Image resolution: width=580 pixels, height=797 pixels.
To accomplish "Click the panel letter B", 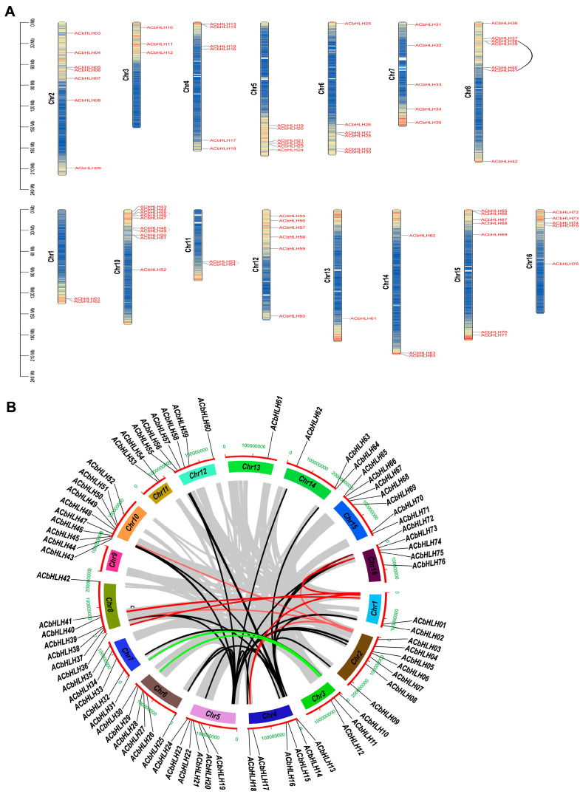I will coord(10,406).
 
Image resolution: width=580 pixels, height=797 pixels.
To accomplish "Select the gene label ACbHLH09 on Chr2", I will coord(88,168).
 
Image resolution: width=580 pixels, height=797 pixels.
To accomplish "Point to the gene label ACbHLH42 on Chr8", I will coord(504,161).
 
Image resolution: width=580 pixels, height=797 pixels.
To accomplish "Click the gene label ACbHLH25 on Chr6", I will coord(358,24).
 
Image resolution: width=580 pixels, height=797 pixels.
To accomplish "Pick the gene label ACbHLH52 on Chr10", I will coord(153,270).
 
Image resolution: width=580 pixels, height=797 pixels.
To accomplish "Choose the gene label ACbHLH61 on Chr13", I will coord(364,318).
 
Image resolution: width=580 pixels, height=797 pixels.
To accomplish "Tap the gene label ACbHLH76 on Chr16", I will coord(565,264).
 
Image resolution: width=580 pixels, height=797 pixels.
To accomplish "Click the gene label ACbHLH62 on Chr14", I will coord(422,236).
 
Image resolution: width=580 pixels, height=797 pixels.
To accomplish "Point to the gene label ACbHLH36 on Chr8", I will coord(504,24).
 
